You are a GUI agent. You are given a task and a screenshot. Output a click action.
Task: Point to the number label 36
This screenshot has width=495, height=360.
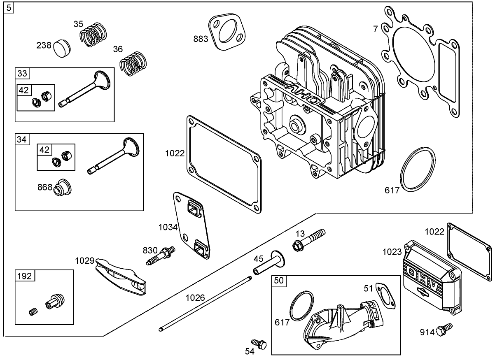118,49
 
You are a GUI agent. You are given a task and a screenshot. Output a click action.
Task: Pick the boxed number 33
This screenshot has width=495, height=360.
22,73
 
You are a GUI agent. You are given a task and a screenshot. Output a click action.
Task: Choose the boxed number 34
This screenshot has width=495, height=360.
22,139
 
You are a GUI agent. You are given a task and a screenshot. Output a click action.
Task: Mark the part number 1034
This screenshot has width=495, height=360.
168,227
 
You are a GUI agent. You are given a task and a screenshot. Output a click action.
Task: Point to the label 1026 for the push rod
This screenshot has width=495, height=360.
195,297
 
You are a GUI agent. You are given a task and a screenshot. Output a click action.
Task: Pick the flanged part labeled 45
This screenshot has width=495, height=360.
269,265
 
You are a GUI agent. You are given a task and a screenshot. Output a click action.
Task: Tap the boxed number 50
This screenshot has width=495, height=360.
279,281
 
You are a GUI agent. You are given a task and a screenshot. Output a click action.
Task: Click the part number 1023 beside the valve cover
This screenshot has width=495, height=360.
391,252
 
